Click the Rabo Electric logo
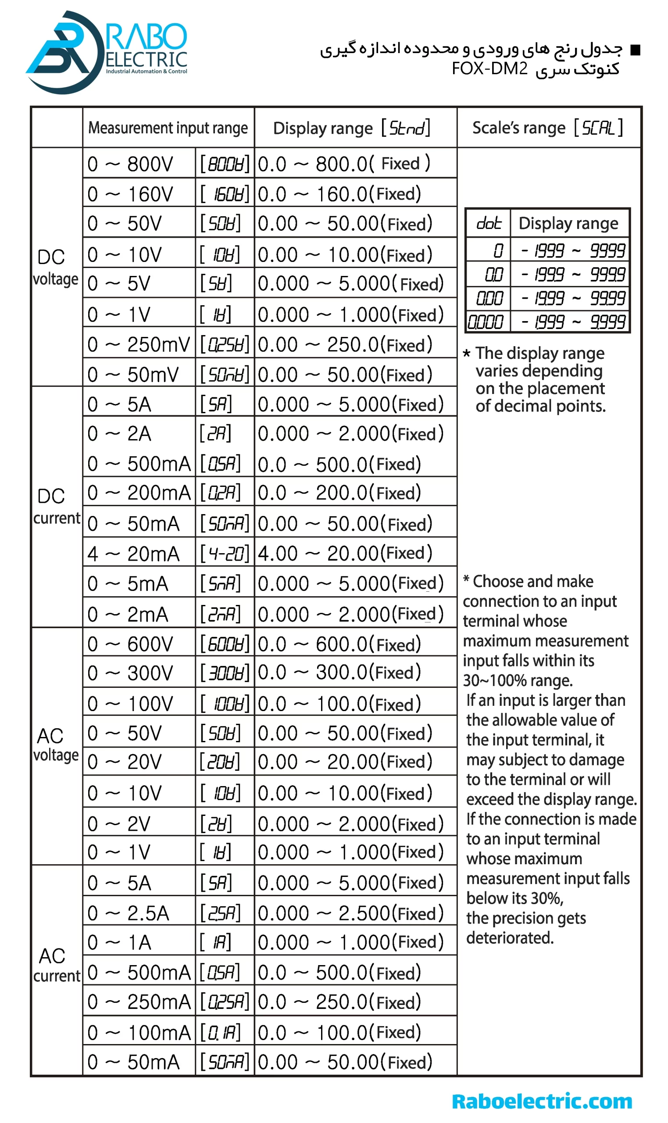[106, 52]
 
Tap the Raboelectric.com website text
[542, 1101]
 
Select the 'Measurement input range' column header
[168, 128]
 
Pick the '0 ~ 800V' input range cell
[130, 164]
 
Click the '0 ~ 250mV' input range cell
[139, 344]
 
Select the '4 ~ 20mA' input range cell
[134, 554]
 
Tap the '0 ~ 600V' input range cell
[130, 644]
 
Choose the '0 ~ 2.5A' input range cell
[128, 913]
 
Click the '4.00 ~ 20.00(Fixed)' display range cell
[345, 553]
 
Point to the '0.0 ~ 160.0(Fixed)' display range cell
[339, 194]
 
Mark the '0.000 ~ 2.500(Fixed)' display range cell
[350, 913]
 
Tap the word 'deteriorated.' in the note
[510, 937]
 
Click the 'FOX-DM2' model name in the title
[489, 69]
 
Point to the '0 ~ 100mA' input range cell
[139, 1032]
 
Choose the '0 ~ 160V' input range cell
[130, 194]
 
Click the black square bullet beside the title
[635, 50]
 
